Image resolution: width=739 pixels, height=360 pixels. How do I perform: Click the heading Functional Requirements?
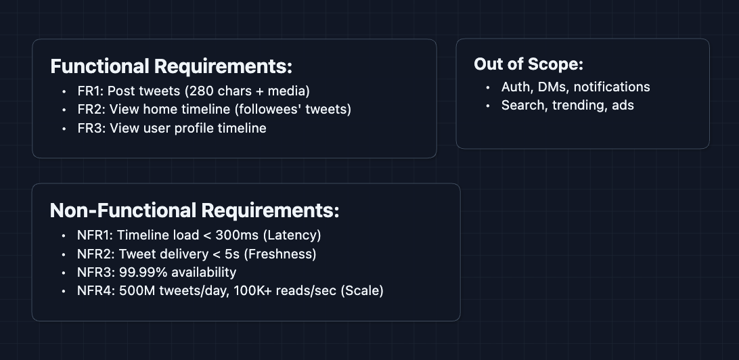(171, 66)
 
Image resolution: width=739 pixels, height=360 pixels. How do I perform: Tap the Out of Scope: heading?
(529, 64)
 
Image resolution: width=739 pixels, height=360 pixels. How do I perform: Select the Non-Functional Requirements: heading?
(194, 210)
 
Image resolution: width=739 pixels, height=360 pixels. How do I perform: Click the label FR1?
(91, 91)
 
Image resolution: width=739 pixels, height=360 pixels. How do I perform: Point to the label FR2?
(91, 109)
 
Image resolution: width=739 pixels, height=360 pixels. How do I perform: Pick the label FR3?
(91, 128)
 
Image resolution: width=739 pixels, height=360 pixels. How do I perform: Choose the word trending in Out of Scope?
(577, 105)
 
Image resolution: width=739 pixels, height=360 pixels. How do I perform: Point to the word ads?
(622, 105)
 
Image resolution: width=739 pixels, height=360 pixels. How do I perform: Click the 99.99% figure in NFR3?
(140, 272)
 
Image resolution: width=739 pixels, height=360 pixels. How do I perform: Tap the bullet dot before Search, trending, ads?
(489, 106)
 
